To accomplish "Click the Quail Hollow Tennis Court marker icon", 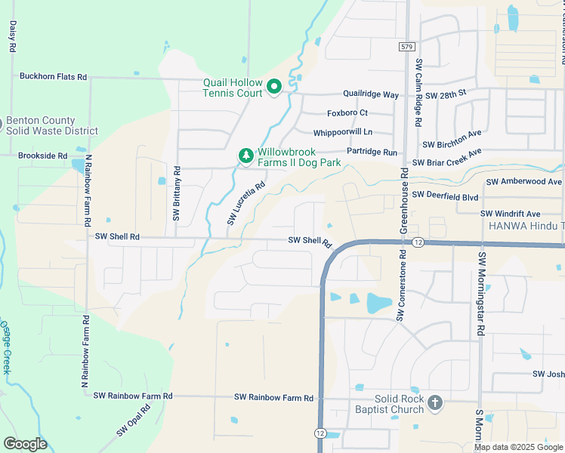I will (274, 88).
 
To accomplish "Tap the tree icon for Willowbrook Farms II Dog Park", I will (245, 156).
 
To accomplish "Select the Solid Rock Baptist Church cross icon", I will (434, 403).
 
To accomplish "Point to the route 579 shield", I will (406, 47).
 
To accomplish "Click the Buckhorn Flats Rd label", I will (54, 77).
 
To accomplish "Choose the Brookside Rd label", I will (43, 156).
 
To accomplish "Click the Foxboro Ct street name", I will (347, 113).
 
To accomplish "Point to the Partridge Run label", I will (372, 152).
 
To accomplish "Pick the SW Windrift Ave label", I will (513, 214).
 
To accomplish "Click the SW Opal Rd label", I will (133, 421).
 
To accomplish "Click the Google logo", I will (25, 444).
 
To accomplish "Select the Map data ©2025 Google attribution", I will (517, 447).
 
